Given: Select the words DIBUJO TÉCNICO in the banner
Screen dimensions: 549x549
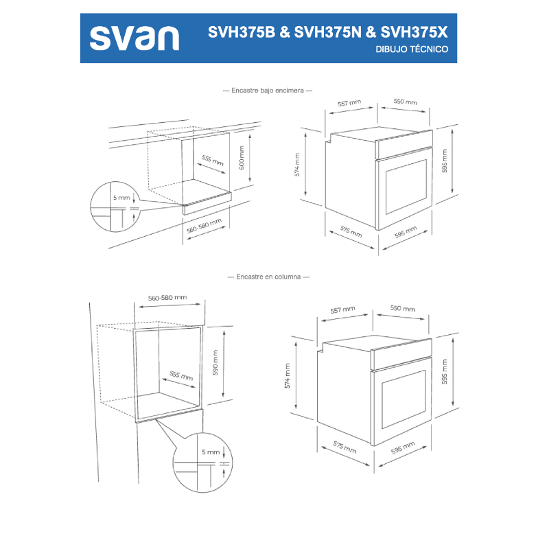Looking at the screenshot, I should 412,50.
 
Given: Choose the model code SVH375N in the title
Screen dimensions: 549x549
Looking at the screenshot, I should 327,32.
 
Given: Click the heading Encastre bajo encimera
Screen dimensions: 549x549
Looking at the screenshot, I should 268,91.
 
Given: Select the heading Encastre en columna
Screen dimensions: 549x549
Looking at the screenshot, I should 268,277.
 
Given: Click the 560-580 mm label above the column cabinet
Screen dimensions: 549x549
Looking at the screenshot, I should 167,298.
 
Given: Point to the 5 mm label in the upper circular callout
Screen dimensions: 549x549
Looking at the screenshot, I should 121,198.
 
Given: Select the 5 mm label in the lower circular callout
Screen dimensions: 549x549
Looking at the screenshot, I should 211,452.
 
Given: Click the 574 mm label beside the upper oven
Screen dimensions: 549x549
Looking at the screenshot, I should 298,165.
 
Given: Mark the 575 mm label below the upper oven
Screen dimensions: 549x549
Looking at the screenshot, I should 351,231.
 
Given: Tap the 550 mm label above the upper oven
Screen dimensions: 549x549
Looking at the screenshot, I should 405,102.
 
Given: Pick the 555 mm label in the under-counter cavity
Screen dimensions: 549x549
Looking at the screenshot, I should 213,162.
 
